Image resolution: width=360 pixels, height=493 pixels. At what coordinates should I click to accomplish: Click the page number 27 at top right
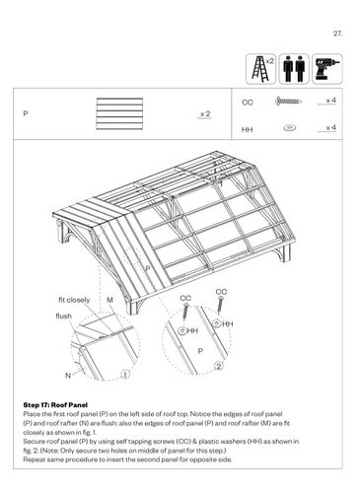pyautogui.click(x=338, y=34)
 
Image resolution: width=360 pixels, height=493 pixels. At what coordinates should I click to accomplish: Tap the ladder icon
pyautogui.click(x=260, y=69)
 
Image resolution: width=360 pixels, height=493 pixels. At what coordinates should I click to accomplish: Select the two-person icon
pyautogui.click(x=294, y=69)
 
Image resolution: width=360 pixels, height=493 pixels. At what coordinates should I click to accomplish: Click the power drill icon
pyautogui.click(x=327, y=69)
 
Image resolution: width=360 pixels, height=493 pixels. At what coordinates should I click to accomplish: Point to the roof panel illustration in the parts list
pyautogui.click(x=119, y=113)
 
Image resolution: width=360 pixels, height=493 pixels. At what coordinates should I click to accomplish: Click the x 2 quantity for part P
pyautogui.click(x=205, y=113)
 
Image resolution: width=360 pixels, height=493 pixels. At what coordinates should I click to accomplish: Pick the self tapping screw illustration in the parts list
pyautogui.click(x=288, y=101)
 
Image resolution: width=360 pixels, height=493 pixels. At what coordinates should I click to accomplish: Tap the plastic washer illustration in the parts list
pyautogui.click(x=289, y=127)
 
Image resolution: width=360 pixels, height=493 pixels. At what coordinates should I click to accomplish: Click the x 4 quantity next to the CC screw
pyautogui.click(x=330, y=100)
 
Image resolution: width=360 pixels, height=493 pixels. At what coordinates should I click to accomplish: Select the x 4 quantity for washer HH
pyautogui.click(x=330, y=127)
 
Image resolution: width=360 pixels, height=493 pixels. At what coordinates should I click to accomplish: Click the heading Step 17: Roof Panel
pyautogui.click(x=55, y=405)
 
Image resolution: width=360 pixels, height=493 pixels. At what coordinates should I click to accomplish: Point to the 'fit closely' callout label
pyautogui.click(x=74, y=300)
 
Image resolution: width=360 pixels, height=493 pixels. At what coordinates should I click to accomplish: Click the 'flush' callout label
pyautogui.click(x=63, y=316)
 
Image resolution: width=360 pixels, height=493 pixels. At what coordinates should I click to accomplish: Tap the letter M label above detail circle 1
pyautogui.click(x=109, y=300)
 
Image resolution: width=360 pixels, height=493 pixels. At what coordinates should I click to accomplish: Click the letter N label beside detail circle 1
pyautogui.click(x=68, y=376)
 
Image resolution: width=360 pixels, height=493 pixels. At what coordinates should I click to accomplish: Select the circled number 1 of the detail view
pyautogui.click(x=125, y=374)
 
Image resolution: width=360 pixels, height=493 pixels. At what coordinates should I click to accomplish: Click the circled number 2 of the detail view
pyautogui.click(x=219, y=366)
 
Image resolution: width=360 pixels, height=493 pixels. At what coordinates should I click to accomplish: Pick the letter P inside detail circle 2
pyautogui.click(x=200, y=351)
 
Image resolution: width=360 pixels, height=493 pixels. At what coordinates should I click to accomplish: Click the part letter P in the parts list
pyautogui.click(x=26, y=113)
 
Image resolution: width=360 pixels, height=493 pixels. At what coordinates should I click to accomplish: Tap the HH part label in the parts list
pyautogui.click(x=248, y=130)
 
